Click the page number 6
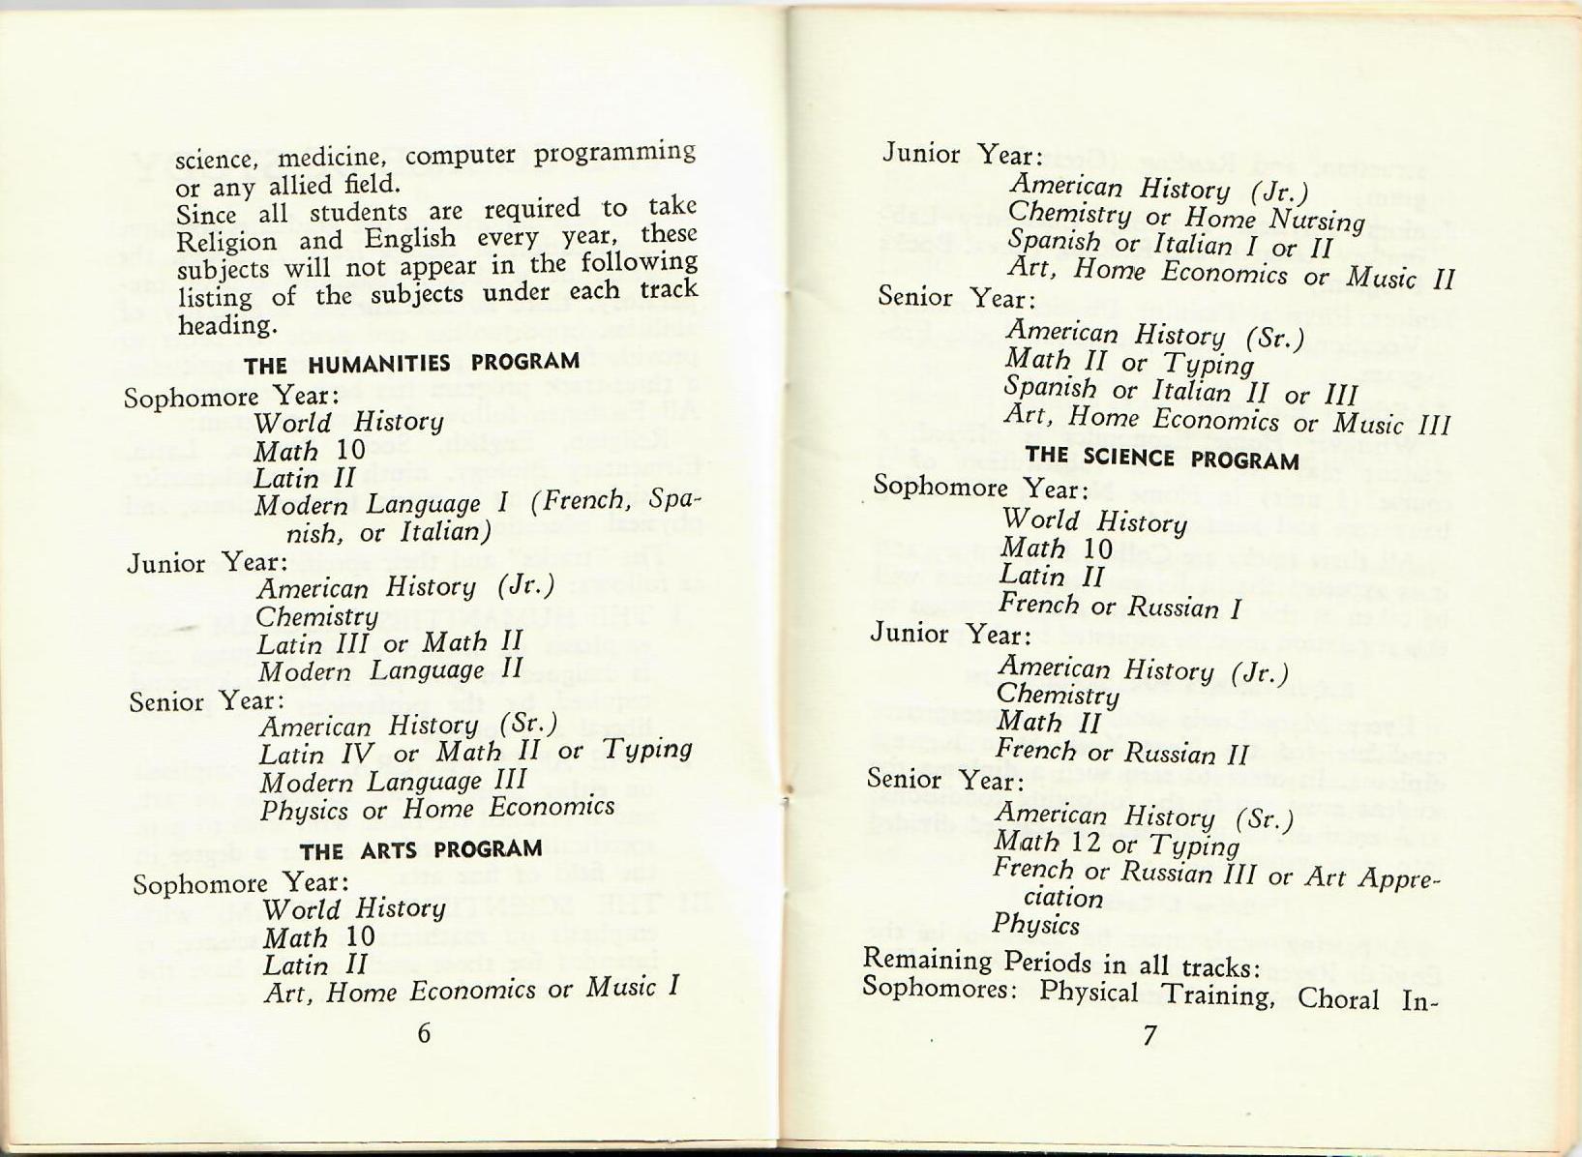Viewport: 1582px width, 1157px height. click(x=424, y=1033)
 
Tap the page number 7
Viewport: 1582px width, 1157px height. click(x=1149, y=1036)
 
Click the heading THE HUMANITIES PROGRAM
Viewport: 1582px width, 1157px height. click(x=411, y=364)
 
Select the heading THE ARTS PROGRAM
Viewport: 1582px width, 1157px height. click(x=420, y=850)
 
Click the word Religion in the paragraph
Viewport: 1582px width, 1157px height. click(x=224, y=241)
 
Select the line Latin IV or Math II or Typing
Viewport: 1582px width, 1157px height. click(x=475, y=751)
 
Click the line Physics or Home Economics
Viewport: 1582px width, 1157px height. click(x=436, y=807)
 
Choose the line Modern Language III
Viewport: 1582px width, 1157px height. click(x=393, y=780)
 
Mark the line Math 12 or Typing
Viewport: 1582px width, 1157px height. click(x=1117, y=845)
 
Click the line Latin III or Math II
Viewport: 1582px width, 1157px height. click(x=389, y=641)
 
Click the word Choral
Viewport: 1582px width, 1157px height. click(x=1338, y=997)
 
